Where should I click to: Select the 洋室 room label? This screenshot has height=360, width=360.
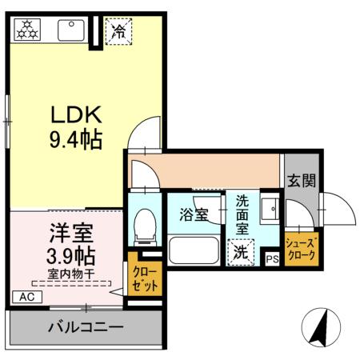coord(70,235)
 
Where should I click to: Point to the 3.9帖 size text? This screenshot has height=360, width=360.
coord(70,257)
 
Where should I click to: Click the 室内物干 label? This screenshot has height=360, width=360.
coord(70,274)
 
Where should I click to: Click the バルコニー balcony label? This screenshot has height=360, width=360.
coord(85,326)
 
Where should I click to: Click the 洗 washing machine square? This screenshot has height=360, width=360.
coord(241,253)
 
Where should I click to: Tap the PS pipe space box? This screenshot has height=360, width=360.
coord(272,258)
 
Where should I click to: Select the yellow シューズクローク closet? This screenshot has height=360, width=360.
coord(301,248)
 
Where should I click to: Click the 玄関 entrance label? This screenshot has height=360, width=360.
coord(301,181)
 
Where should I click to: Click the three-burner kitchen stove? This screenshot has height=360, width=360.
coord(29,30)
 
